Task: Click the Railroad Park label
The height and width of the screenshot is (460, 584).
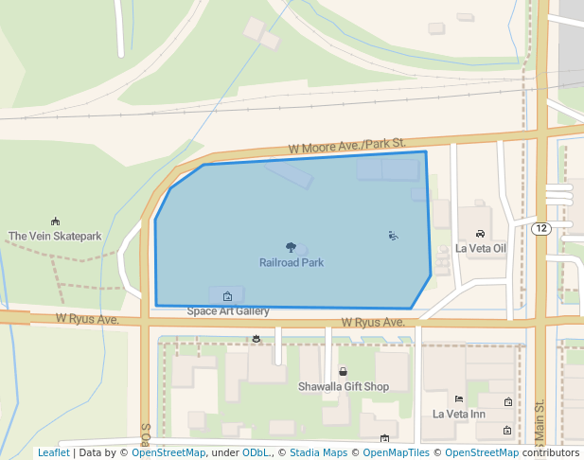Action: tap(292, 262)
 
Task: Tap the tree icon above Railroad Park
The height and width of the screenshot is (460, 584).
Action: tap(291, 247)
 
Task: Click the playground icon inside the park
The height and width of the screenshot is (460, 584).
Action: tap(394, 236)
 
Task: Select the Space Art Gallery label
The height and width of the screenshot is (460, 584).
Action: tap(228, 310)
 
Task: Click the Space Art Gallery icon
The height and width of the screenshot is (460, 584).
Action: tap(226, 295)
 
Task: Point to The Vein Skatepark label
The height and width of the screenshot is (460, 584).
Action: tap(55, 236)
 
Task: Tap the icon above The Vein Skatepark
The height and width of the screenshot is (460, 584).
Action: tap(55, 221)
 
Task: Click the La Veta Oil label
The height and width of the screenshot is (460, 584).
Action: tap(481, 248)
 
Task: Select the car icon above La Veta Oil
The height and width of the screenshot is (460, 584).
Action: tap(481, 234)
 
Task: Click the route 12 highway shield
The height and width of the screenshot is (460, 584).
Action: tap(541, 229)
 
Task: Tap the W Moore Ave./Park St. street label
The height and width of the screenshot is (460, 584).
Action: tap(346, 146)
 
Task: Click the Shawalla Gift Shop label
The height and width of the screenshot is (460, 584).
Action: tap(344, 386)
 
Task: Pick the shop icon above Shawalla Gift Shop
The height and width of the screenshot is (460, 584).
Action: tap(343, 372)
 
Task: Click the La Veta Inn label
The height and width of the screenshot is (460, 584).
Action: tap(459, 414)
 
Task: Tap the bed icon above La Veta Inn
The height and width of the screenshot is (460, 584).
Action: tap(459, 399)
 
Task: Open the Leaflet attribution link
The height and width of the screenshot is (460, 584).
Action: tap(53, 452)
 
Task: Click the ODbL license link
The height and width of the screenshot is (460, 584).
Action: tap(256, 452)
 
